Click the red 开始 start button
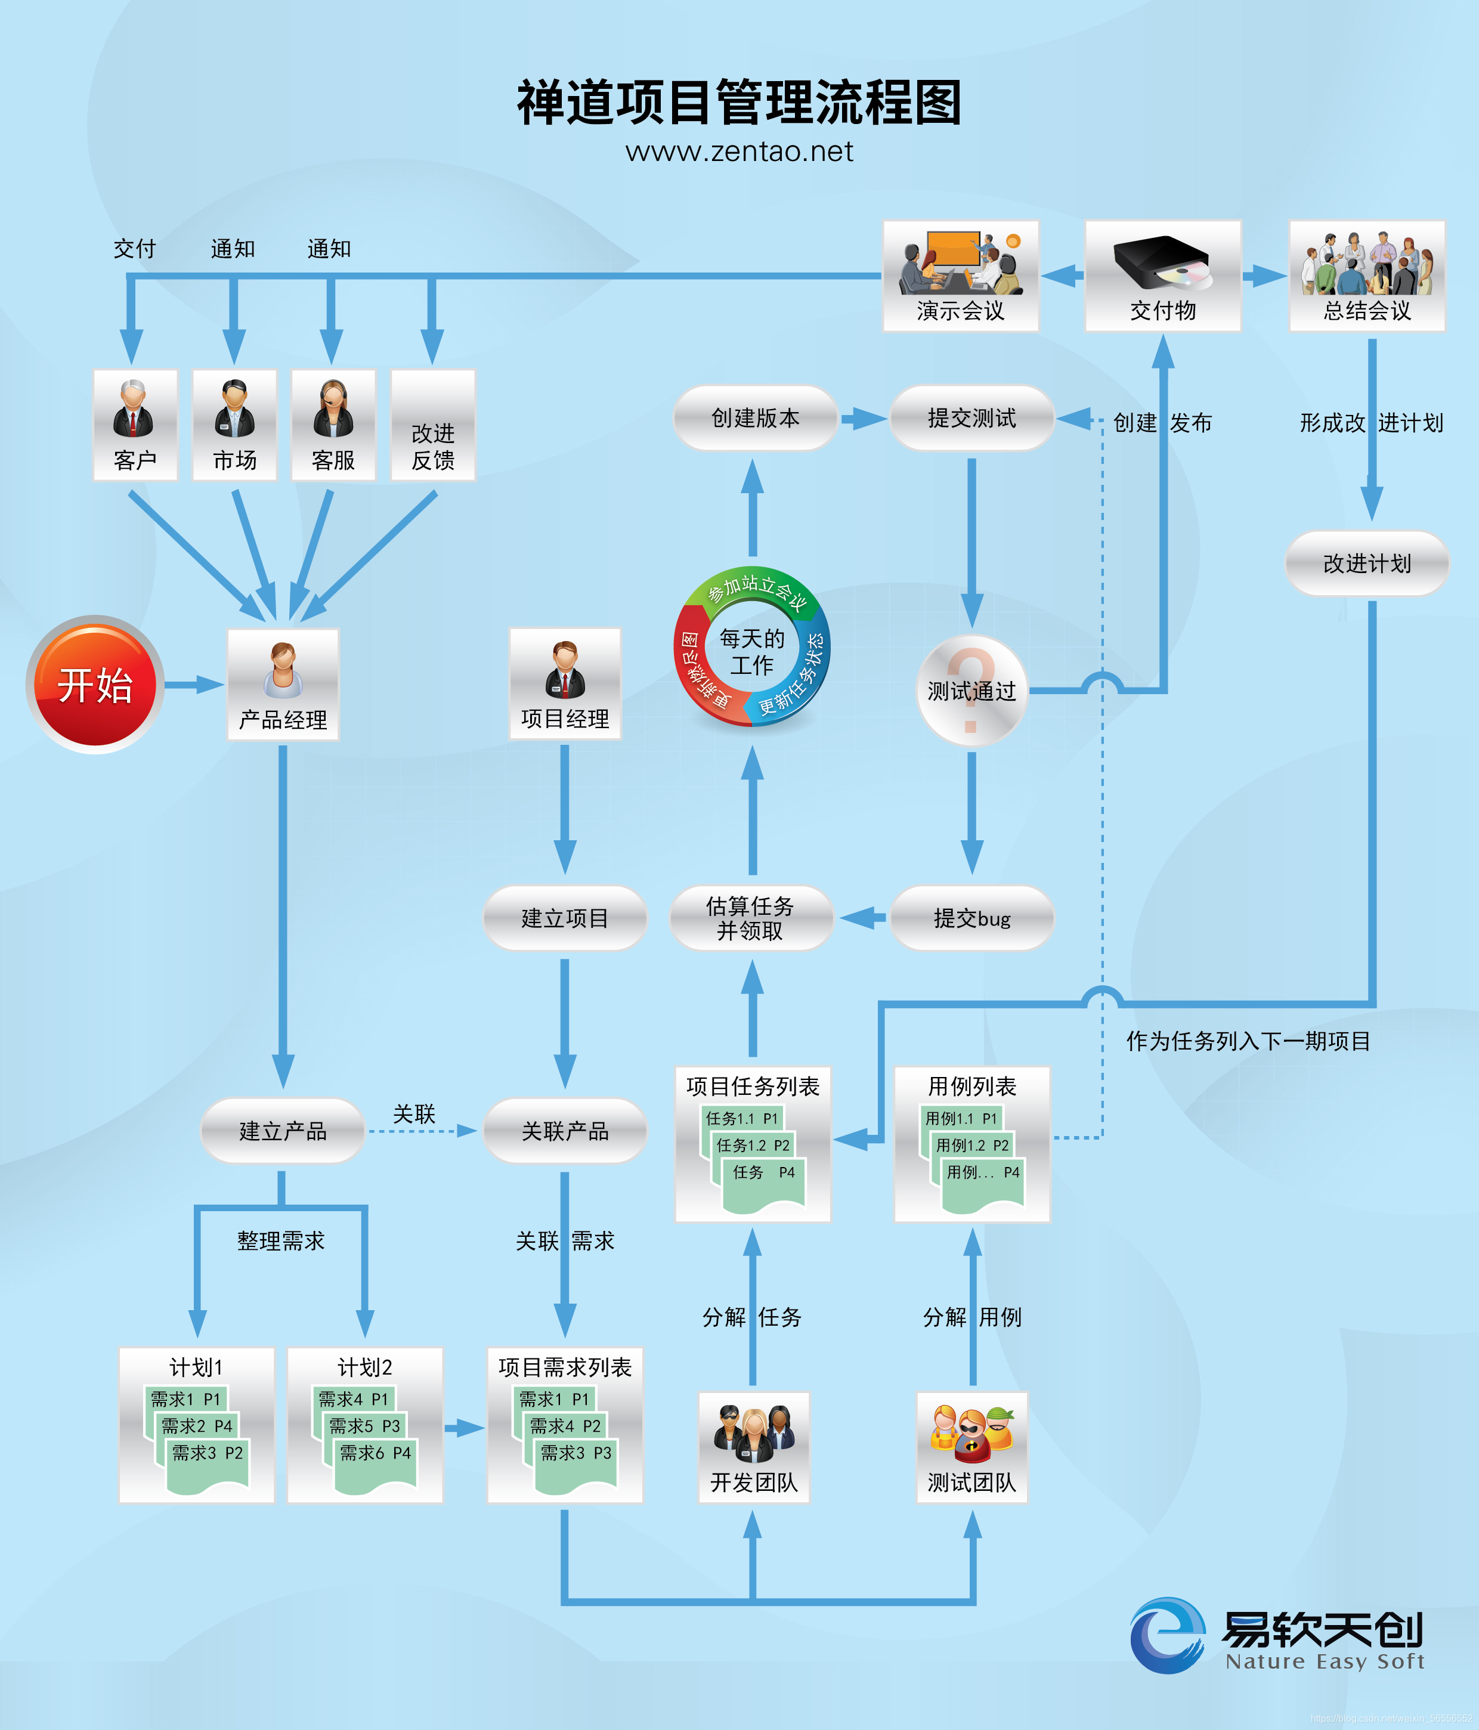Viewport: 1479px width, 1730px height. pos(94,685)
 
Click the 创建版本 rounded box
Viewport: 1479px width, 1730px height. pos(755,418)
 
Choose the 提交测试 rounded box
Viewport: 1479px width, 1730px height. pos(971,418)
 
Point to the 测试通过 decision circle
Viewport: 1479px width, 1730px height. pos(971,691)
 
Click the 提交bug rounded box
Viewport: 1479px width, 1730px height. pos(971,918)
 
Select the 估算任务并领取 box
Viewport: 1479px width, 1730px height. pos(751,918)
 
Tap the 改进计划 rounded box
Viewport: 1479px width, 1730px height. pos(1366,564)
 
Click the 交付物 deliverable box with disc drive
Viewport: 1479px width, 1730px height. pos(1162,276)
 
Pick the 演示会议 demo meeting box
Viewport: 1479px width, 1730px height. pos(960,276)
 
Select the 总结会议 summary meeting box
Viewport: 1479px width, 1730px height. pos(1366,276)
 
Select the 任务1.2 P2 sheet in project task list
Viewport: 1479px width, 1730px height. pos(753,1146)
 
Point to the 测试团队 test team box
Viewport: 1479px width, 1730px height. pos(971,1447)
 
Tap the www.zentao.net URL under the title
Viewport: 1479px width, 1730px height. pos(739,152)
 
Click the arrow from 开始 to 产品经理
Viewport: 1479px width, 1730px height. pos(194,685)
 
